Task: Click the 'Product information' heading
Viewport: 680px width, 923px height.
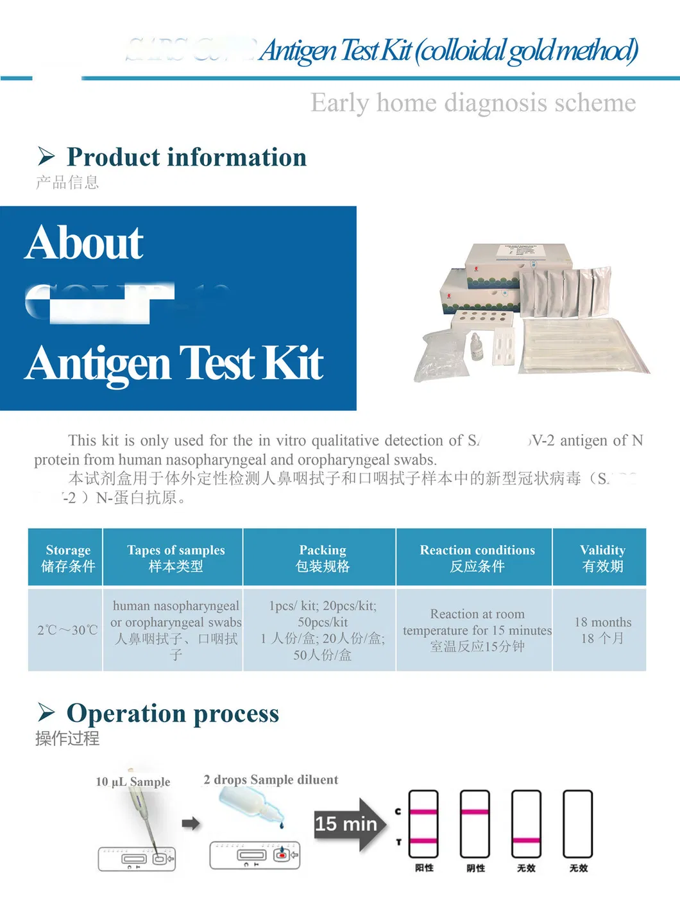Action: point(186,157)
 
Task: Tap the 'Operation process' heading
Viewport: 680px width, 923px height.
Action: point(173,713)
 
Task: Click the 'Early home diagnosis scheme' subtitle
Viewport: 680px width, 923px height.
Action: point(473,103)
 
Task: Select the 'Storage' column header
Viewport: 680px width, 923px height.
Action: point(68,557)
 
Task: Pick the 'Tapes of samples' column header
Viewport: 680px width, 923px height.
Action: point(176,557)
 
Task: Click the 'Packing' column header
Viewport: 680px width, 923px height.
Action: point(322,557)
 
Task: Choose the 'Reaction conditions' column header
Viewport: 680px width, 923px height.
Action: point(477,557)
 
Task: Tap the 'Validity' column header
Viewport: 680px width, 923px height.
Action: point(602,557)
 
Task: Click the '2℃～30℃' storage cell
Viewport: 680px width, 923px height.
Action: point(67,630)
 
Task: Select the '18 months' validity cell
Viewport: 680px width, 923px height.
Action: point(602,630)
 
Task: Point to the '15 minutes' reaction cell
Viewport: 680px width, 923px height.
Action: point(477,630)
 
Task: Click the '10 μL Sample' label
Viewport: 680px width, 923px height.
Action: point(133,782)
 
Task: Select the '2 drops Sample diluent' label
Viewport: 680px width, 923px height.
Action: point(271,780)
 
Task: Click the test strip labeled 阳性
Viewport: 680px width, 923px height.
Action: point(423,824)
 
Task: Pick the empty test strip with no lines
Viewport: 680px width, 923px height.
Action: point(577,824)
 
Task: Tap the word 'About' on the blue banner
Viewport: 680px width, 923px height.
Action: point(84,243)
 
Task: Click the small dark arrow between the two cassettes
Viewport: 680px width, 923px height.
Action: point(191,824)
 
